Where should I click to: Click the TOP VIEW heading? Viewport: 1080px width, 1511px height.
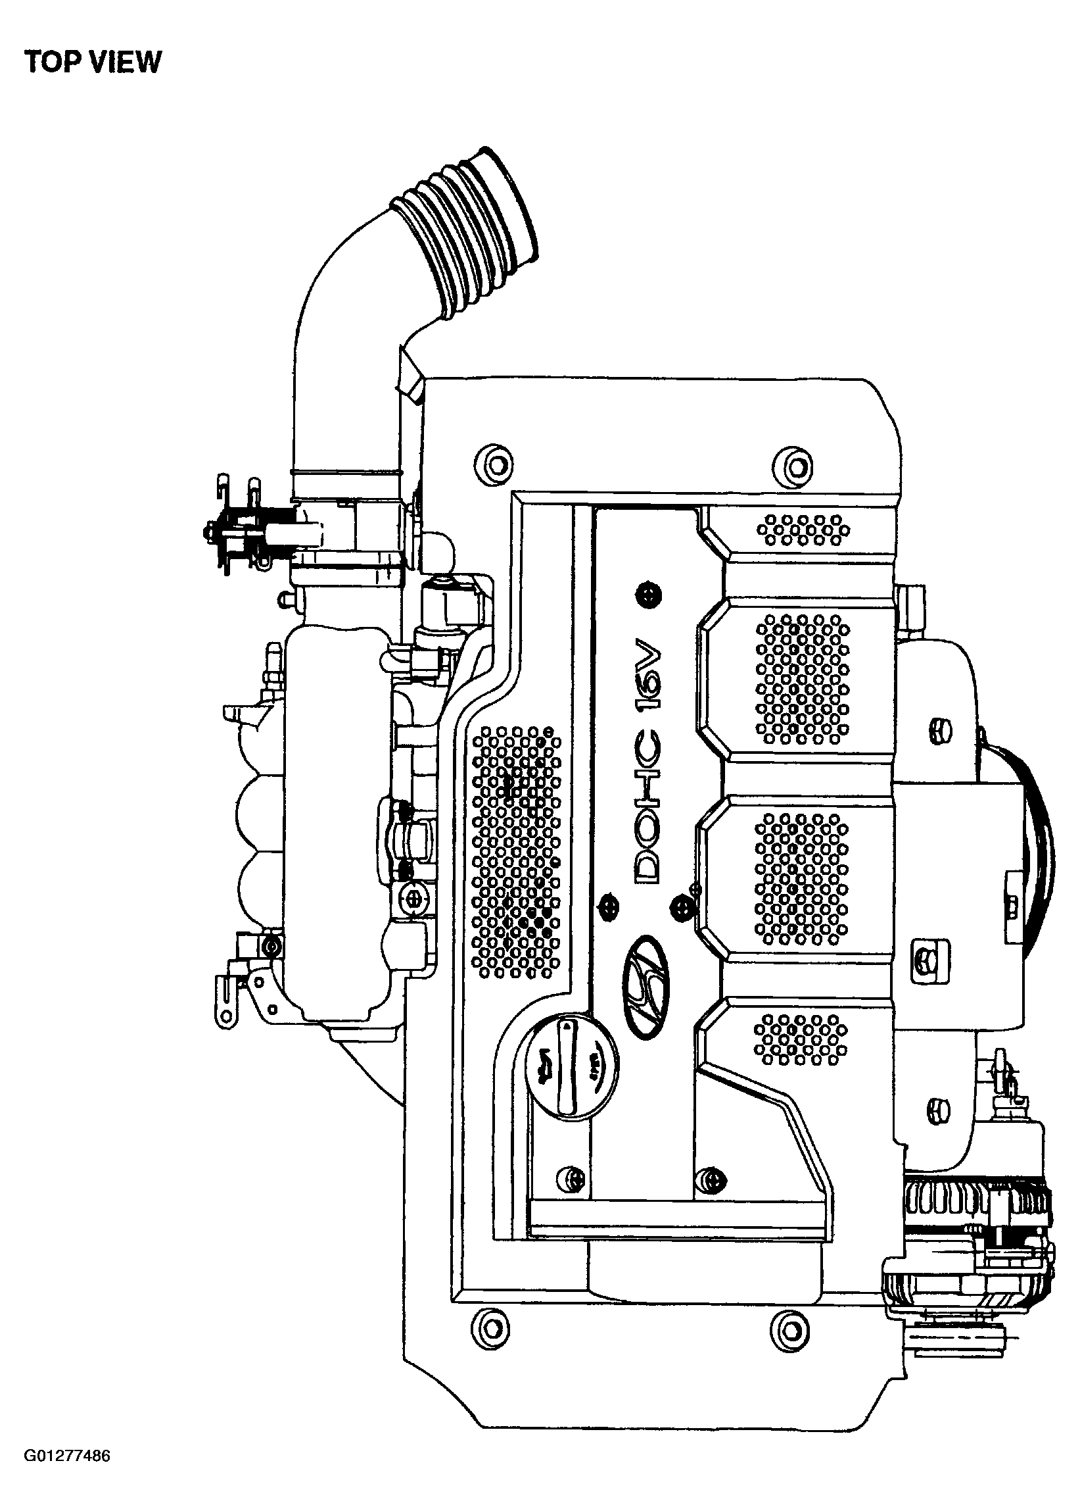pyautogui.click(x=93, y=62)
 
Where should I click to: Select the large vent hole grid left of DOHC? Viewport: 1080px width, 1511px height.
pyautogui.click(x=516, y=852)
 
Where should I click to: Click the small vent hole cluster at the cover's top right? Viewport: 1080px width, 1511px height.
pyautogui.click(x=803, y=530)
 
